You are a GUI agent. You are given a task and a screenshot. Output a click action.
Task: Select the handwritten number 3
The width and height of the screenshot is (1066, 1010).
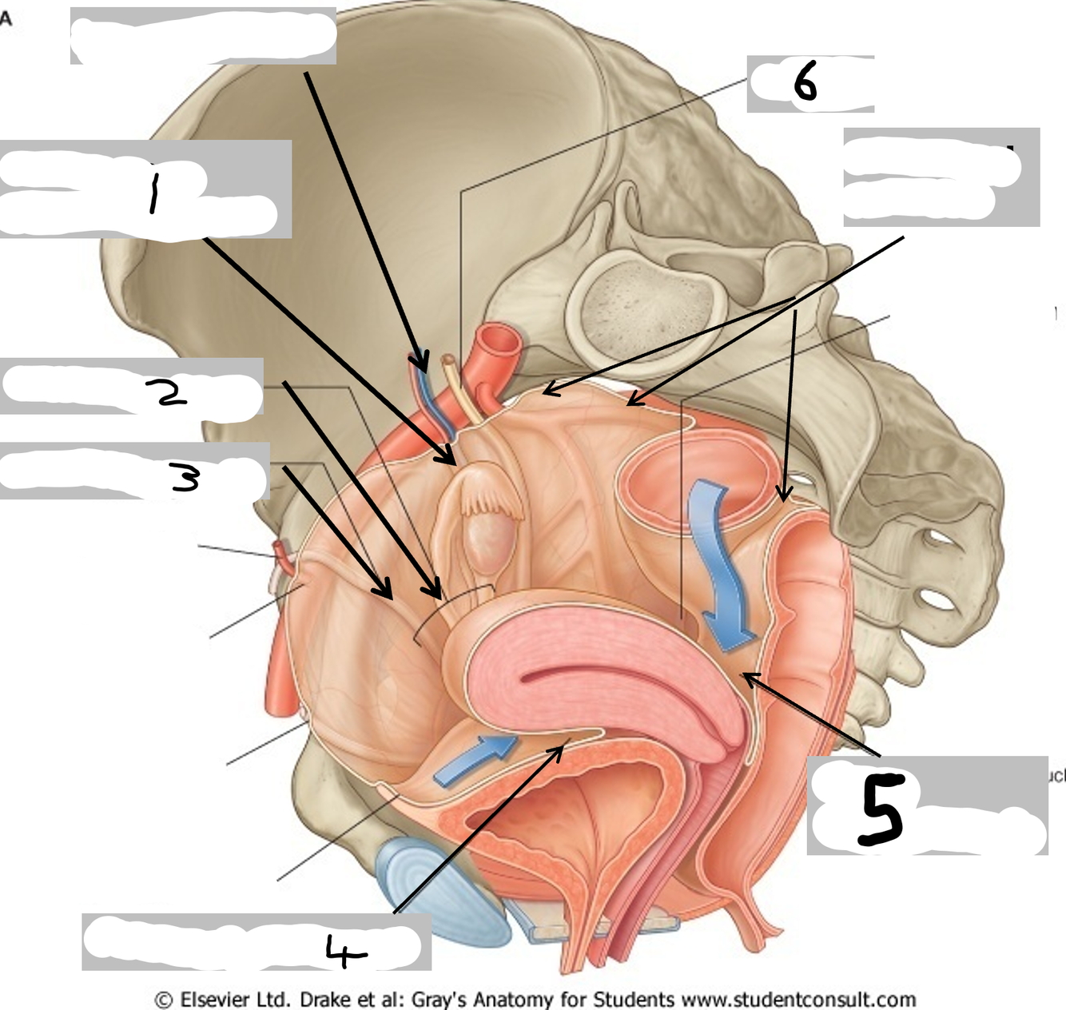(x=185, y=478)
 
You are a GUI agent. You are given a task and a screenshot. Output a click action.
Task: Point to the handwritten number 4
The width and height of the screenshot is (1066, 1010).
(x=345, y=951)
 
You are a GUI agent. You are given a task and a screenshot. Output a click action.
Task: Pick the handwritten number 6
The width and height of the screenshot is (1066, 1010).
(x=805, y=82)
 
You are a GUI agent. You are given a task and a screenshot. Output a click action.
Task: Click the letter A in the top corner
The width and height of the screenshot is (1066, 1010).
(x=6, y=18)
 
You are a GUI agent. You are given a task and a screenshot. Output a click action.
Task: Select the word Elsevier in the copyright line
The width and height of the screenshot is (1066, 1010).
(x=215, y=1000)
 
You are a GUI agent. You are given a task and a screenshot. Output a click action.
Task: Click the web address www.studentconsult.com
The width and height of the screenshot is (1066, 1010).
(x=798, y=1000)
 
